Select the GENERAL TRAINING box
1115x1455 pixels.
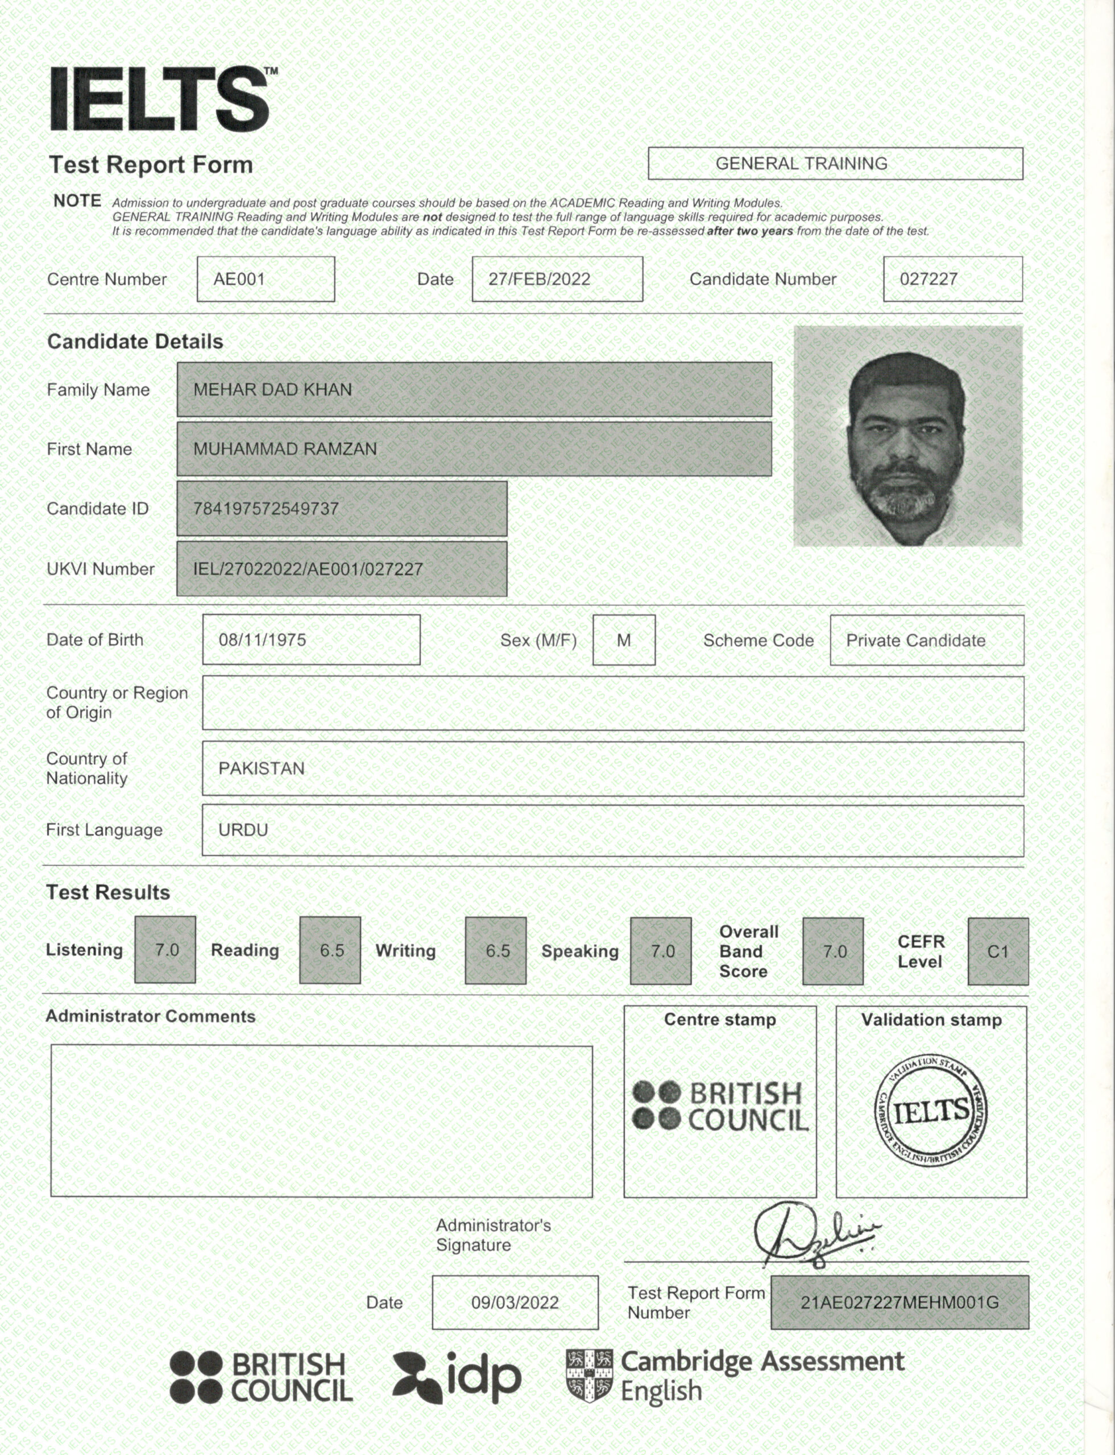pyautogui.click(x=834, y=163)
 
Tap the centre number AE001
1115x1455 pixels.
pyautogui.click(x=239, y=279)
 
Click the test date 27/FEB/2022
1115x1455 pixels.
pyautogui.click(x=539, y=279)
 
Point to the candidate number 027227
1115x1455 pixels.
pyautogui.click(x=928, y=279)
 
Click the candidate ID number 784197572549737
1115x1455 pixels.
pyautogui.click(x=266, y=509)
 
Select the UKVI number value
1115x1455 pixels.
pyautogui.click(x=308, y=569)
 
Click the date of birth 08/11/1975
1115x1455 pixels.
pyautogui.click(x=262, y=640)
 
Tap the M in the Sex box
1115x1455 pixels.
pyautogui.click(x=623, y=640)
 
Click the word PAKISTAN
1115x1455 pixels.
pyautogui.click(x=262, y=768)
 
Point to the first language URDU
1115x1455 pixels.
pyautogui.click(x=243, y=830)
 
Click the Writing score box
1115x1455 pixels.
pyautogui.click(x=496, y=950)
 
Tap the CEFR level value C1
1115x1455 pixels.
pyautogui.click(x=997, y=951)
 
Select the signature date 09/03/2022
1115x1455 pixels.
pyautogui.click(x=515, y=1303)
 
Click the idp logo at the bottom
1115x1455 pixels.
pyautogui.click(x=457, y=1378)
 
